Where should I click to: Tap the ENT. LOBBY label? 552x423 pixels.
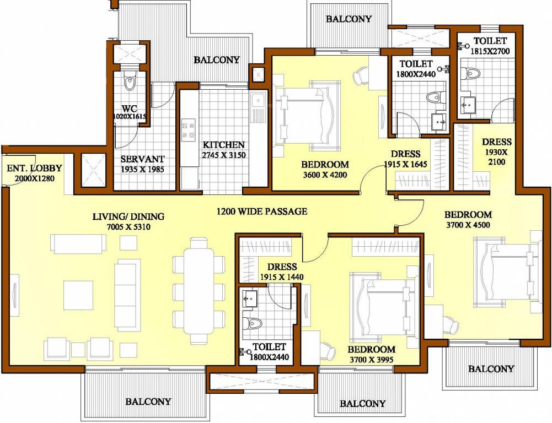pyautogui.click(x=34, y=169)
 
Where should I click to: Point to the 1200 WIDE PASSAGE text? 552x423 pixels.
pyautogui.click(x=261, y=211)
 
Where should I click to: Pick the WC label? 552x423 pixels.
pyautogui.click(x=130, y=107)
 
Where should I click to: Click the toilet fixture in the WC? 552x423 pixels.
pyautogui.click(x=130, y=82)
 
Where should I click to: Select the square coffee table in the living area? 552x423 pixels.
pyautogui.click(x=78, y=295)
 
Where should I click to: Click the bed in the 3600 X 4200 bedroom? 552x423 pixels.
pyautogui.click(x=306, y=115)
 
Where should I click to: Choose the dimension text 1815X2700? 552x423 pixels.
pyautogui.click(x=490, y=51)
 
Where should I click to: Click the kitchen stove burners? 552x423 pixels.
pyautogui.click(x=187, y=129)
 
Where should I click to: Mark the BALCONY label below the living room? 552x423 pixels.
pyautogui.click(x=148, y=402)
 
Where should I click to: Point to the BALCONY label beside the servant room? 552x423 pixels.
pyautogui.click(x=216, y=59)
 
